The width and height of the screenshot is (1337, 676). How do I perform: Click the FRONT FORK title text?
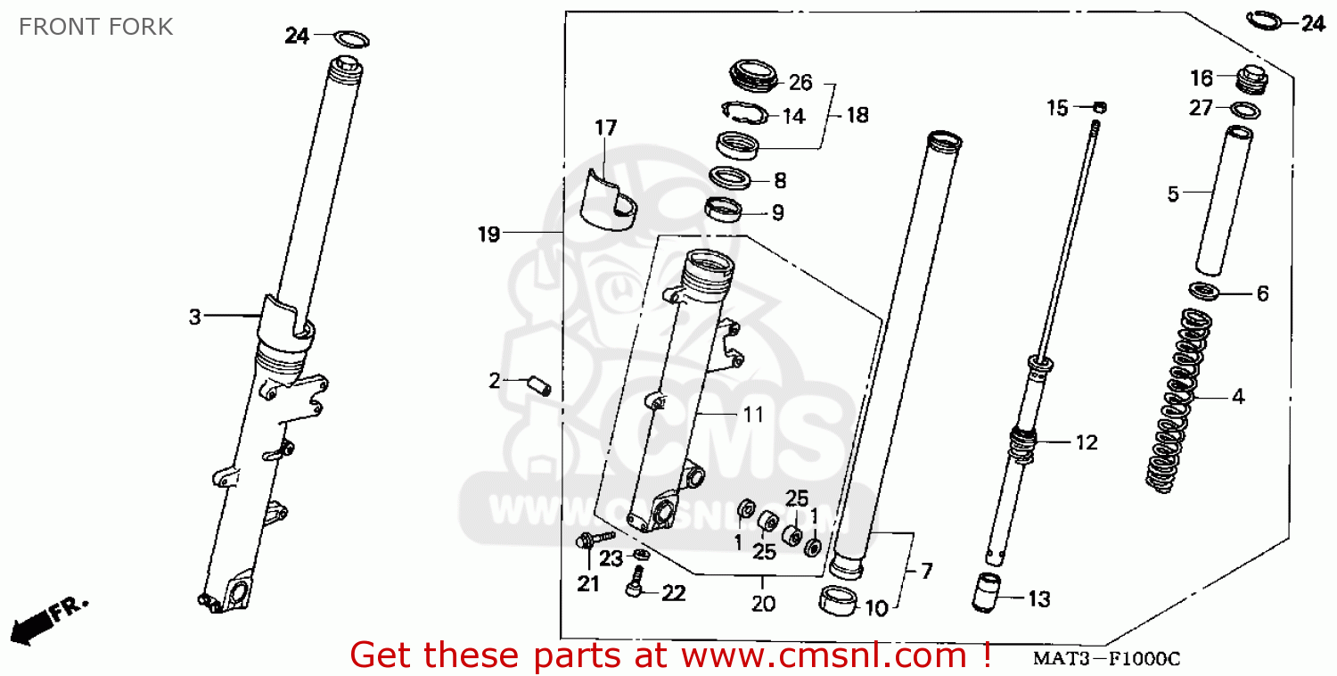[x=95, y=27]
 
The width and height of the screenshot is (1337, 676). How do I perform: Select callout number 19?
[x=488, y=234]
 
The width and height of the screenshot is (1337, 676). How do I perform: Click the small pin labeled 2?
[x=539, y=385]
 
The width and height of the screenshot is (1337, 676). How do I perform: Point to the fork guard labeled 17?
[x=609, y=200]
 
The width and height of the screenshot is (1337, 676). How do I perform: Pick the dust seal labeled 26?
[x=754, y=76]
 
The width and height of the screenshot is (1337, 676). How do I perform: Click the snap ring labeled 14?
[x=745, y=112]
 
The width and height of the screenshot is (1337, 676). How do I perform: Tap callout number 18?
[x=857, y=115]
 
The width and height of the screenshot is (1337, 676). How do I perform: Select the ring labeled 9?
[x=724, y=210]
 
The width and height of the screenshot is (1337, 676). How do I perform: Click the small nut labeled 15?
[x=1099, y=108]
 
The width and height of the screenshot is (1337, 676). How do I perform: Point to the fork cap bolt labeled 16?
[x=1251, y=79]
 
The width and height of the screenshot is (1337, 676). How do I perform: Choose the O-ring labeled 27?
[x=1245, y=110]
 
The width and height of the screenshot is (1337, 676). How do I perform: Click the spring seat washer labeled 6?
[x=1203, y=292]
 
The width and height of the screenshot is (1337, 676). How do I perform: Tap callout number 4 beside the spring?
[x=1239, y=397]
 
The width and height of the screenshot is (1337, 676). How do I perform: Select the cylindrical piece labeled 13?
[x=986, y=592]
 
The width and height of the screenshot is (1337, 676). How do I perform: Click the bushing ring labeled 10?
[x=838, y=601]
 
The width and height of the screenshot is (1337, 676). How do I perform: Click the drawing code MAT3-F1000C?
[x=1107, y=659]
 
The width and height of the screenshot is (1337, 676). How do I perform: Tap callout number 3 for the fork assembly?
[x=194, y=317]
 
